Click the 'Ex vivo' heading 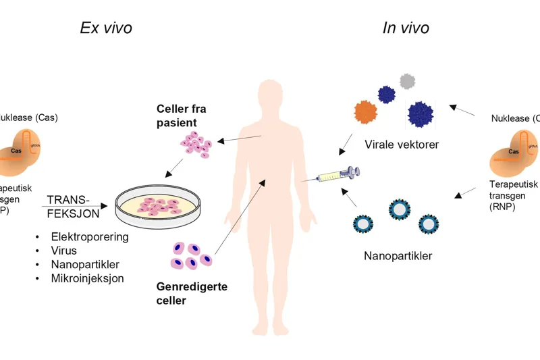pos(106,28)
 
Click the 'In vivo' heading pos(406,28)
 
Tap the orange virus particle pos(365,111)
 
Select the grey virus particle pos(406,82)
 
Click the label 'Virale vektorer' pos(401,145)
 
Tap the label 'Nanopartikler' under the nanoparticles pos(398,256)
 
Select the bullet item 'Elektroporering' pos(90,237)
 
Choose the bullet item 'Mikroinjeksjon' pos(87,278)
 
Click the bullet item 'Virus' pos(64,251)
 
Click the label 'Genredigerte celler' pos(192,294)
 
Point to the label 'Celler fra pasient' pos(181,115)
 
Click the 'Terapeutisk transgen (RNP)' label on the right pos(513,195)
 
